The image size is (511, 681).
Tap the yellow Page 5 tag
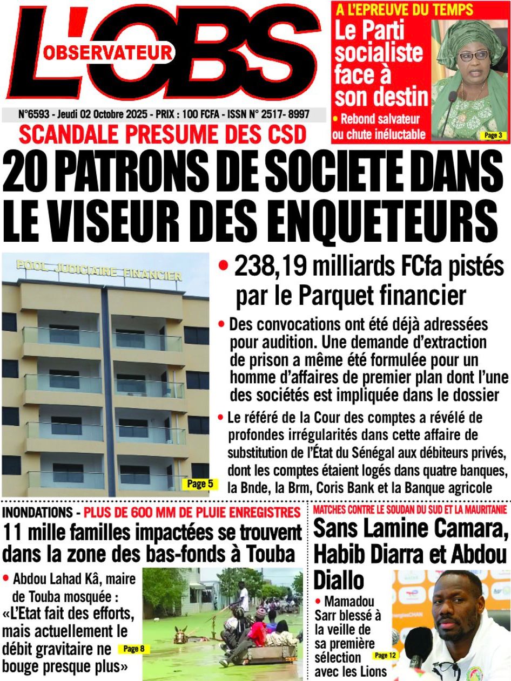[x=200, y=484]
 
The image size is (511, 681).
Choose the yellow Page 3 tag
[x=492, y=135]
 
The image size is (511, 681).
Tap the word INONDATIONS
[x=37, y=511]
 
